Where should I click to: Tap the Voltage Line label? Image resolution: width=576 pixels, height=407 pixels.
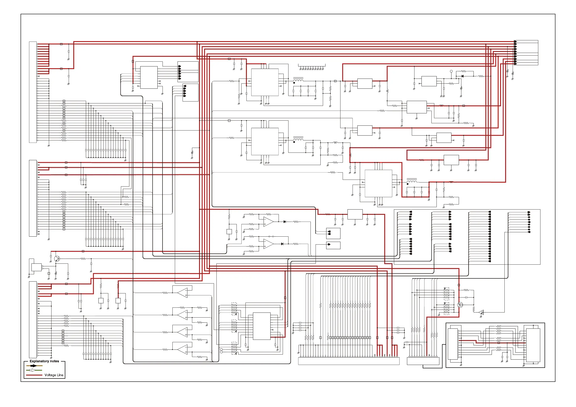coord(54,375)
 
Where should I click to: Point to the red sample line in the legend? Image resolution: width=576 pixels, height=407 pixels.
coord(34,375)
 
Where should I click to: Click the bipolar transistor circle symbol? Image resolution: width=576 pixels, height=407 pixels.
coord(57,259)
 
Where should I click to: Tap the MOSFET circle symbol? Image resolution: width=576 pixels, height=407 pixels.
coord(460,305)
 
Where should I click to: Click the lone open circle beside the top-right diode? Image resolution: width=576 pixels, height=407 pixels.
coord(451,71)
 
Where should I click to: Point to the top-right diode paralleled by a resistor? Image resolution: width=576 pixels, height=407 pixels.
coord(462,76)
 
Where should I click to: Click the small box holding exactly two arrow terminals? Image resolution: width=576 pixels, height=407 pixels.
coord(333,233)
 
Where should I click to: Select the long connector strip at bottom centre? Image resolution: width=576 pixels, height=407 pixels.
coord(349,361)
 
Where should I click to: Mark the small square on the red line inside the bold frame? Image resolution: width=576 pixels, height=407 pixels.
coord(498,343)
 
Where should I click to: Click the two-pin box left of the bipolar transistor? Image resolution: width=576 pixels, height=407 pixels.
coord(36,267)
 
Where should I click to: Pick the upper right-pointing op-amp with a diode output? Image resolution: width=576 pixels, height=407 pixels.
coord(268,222)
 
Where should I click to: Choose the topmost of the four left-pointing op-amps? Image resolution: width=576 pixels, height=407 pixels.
coord(183,293)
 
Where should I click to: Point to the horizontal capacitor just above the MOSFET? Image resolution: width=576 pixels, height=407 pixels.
coord(466,297)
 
